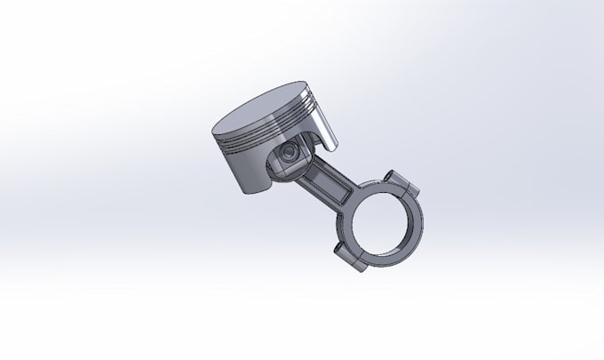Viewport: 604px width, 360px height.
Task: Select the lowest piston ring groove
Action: click(x=266, y=146)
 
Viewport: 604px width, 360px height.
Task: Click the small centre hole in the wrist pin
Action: click(x=286, y=156)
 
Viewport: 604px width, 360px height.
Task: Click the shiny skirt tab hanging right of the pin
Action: click(x=329, y=133)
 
